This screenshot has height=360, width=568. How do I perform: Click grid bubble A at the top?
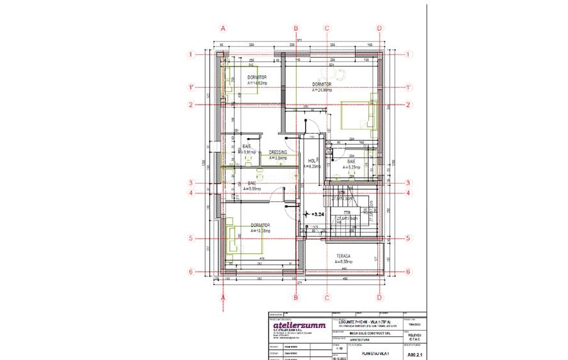(x=223, y=28)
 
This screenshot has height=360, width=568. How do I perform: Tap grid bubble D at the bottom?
(x=379, y=297)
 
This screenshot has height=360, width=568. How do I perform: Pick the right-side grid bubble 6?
(x=408, y=271)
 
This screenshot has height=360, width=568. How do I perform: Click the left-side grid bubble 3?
(x=191, y=182)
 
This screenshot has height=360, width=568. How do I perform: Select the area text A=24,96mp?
(x=322, y=90)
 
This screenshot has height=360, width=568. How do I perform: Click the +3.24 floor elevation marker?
(x=317, y=214)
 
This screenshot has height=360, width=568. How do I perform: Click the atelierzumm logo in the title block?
(x=299, y=326)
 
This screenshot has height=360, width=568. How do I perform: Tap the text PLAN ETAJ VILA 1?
(x=376, y=353)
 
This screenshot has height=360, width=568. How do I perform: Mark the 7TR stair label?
(x=346, y=212)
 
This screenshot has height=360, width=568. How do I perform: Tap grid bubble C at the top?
(x=327, y=28)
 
